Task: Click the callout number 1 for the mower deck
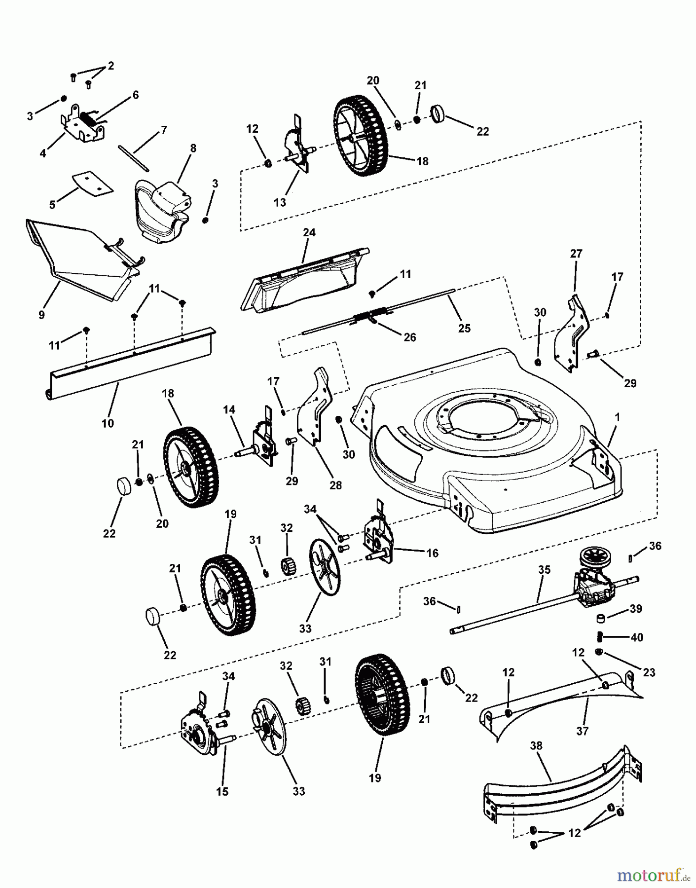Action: tap(617, 417)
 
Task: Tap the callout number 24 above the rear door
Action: tap(309, 232)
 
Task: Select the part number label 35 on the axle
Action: tap(544, 570)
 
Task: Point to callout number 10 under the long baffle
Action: tap(108, 423)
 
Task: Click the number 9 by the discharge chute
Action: tap(41, 314)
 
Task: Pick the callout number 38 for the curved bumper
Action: tap(536, 745)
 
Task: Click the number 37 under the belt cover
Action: tap(583, 731)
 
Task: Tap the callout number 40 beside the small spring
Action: tap(637, 637)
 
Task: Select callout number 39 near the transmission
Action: tap(636, 609)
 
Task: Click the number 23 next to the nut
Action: tap(649, 672)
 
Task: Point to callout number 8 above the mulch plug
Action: tap(193, 148)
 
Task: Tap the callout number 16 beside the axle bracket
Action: tap(432, 553)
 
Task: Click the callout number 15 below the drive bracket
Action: tap(222, 791)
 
